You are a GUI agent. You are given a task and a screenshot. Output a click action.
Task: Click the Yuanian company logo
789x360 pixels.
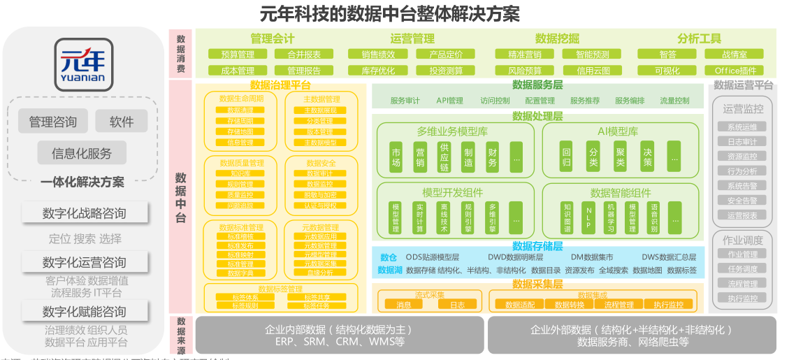coord(82,64)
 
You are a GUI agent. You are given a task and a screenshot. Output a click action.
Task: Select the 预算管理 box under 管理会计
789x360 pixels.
coord(238,55)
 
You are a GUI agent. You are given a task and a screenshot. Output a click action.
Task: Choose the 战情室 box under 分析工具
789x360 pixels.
coord(734,55)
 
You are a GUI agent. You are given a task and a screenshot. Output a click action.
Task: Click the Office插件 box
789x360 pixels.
coord(734,71)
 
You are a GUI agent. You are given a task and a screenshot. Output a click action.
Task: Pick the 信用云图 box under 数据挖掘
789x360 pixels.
coord(593,71)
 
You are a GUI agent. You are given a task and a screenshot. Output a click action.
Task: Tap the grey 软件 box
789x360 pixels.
coord(121,122)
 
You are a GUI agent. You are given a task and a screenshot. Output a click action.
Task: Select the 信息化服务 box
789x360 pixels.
coord(81,153)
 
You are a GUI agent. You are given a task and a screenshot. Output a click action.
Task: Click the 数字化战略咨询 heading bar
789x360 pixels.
coord(84,213)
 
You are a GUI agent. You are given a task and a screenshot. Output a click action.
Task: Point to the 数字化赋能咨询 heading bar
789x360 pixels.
coord(84,312)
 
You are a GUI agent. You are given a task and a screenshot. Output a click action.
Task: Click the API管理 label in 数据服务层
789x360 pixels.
coord(449,101)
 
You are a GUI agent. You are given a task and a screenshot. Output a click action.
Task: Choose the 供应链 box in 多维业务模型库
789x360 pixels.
coord(444,158)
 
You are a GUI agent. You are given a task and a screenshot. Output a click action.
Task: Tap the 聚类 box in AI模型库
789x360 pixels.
coord(620,158)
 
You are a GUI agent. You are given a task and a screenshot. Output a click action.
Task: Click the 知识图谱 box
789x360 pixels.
coord(567,217)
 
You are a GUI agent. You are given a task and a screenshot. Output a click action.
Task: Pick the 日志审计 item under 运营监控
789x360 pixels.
coord(742,142)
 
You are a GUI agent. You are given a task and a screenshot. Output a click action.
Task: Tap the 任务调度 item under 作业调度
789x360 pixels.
coord(742,269)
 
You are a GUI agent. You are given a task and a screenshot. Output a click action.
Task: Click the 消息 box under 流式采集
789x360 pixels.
coord(404,305)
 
